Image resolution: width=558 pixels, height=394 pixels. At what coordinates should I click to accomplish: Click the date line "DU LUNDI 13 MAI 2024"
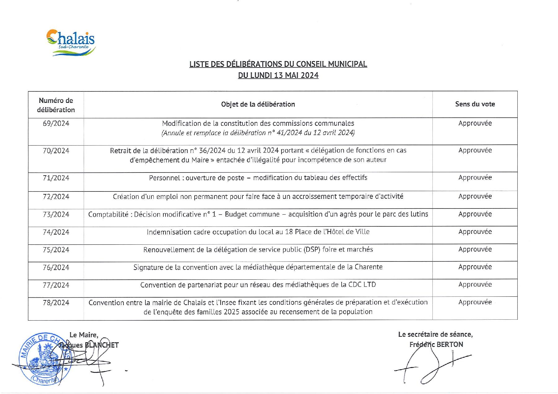[278, 75]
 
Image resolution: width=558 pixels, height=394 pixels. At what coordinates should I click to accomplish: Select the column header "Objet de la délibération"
[258, 104]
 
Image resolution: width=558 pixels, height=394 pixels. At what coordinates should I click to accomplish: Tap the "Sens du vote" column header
[475, 104]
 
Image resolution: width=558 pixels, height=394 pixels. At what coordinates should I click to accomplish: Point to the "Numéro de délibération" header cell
[56, 105]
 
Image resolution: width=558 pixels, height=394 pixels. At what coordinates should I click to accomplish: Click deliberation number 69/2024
[56, 124]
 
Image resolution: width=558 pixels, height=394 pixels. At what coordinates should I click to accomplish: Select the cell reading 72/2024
[56, 197]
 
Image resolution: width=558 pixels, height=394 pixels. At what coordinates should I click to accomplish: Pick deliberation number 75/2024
[56, 250]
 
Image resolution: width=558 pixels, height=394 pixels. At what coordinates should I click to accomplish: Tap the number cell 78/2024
[56, 303]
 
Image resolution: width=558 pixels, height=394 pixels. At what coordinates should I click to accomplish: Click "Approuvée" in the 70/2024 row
[475, 151]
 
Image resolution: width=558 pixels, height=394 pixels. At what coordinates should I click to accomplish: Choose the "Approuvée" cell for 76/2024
[475, 267]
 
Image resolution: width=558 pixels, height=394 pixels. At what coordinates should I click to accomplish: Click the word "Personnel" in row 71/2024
[165, 178]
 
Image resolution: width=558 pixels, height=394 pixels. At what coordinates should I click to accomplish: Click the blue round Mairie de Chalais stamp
[43, 359]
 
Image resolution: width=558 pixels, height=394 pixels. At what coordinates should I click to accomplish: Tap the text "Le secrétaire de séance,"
[435, 335]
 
